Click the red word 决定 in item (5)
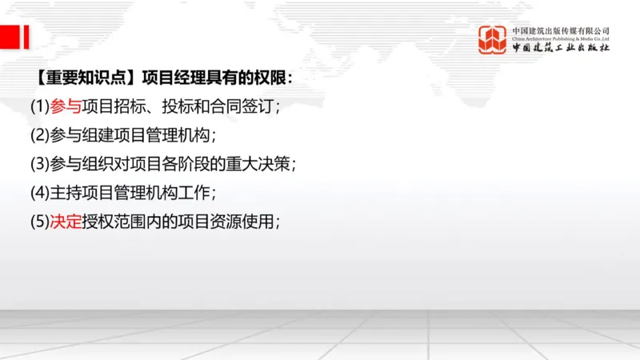point(66,222)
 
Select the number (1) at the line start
point(40,106)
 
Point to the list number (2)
point(40,135)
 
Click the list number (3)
point(40,164)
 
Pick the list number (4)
point(40,193)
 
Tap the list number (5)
point(40,222)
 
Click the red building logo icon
point(492,40)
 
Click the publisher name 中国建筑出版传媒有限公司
point(561,30)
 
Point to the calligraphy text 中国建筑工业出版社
point(561,48)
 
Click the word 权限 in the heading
point(267,78)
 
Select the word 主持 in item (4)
point(66,193)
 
